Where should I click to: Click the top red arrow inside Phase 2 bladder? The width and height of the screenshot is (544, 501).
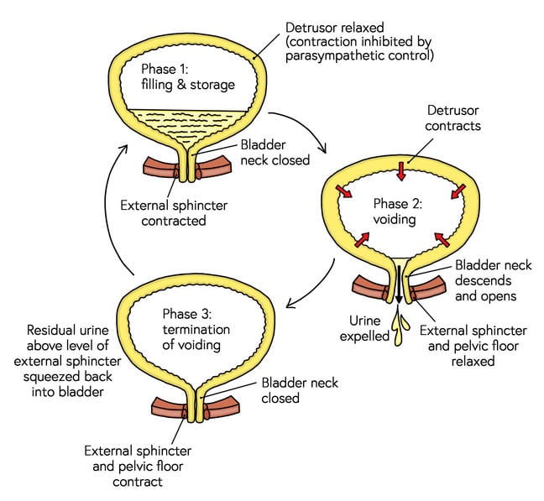[x=402, y=171]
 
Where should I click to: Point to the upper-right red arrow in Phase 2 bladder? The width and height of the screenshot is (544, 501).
[x=454, y=195]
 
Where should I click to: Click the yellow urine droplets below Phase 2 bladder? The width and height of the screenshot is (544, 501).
[x=400, y=321]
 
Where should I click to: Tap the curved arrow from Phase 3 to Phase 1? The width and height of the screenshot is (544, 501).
[x=109, y=210]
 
